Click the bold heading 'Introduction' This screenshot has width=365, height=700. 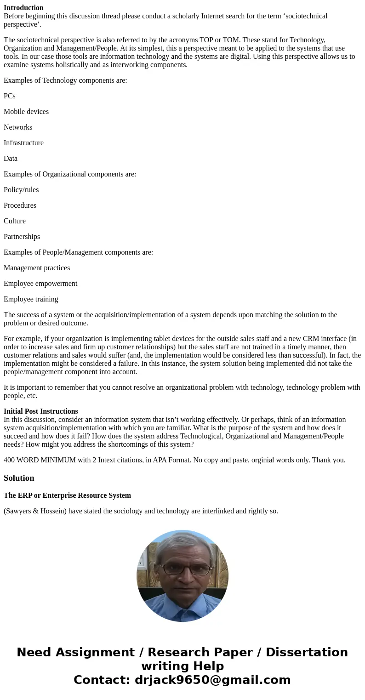point(23,8)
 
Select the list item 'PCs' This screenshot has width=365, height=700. point(10,96)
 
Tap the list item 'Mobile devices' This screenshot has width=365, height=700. point(26,112)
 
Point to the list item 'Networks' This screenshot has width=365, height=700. point(18,127)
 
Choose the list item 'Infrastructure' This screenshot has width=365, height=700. point(23,143)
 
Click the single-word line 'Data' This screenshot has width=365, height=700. point(11,159)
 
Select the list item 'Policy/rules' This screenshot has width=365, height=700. point(21,190)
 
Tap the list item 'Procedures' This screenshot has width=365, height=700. point(20,205)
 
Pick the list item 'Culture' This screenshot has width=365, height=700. point(15,221)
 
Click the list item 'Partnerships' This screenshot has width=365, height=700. point(22,237)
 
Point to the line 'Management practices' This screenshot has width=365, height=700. point(37,268)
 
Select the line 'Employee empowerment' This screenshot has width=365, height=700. point(40,284)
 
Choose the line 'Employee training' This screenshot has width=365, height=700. point(31,299)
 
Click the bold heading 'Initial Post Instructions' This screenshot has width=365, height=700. point(41,411)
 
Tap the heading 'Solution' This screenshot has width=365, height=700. point(19,478)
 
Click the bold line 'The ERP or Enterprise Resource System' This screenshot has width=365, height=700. point(67,495)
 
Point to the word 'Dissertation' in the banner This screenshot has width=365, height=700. point(307,652)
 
